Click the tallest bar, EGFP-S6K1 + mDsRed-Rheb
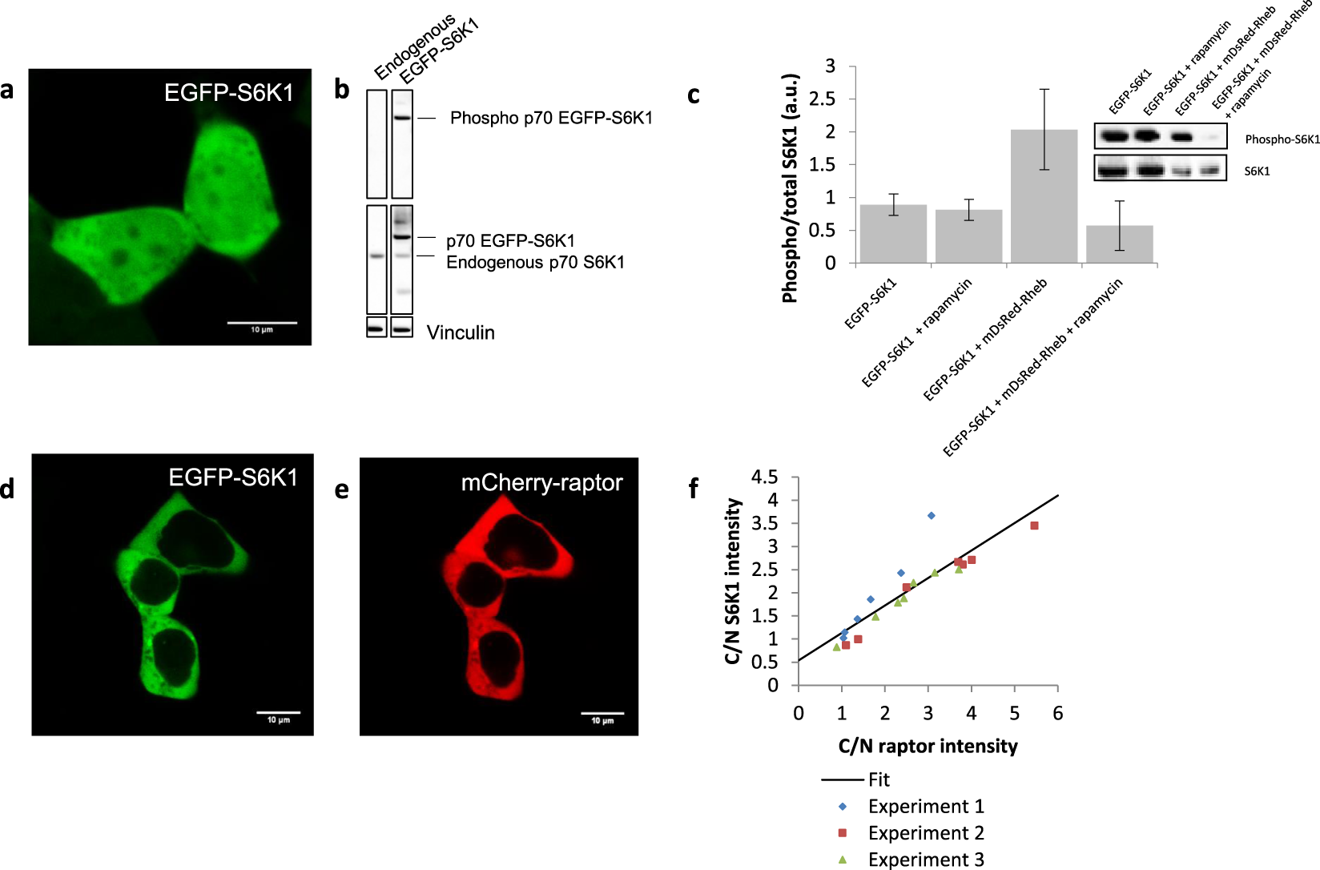click(1044, 196)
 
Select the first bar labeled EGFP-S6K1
click(893, 234)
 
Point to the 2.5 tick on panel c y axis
click(830, 99)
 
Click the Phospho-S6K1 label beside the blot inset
click(1282, 139)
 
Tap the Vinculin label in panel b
click(461, 332)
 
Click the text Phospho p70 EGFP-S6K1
click(551, 118)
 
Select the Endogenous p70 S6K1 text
click(535, 262)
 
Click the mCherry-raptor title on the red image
click(541, 482)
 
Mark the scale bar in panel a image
click(262, 324)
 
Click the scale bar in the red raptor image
click(602, 713)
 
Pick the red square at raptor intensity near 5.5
click(1034, 526)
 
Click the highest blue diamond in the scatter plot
click(931, 515)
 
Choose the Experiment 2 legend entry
click(925, 832)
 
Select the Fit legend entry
click(878, 779)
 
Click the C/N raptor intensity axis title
click(928, 746)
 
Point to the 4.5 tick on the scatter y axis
click(764, 477)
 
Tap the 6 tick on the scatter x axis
click(1057, 713)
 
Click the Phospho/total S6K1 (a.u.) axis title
click(790, 188)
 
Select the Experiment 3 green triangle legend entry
click(925, 859)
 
